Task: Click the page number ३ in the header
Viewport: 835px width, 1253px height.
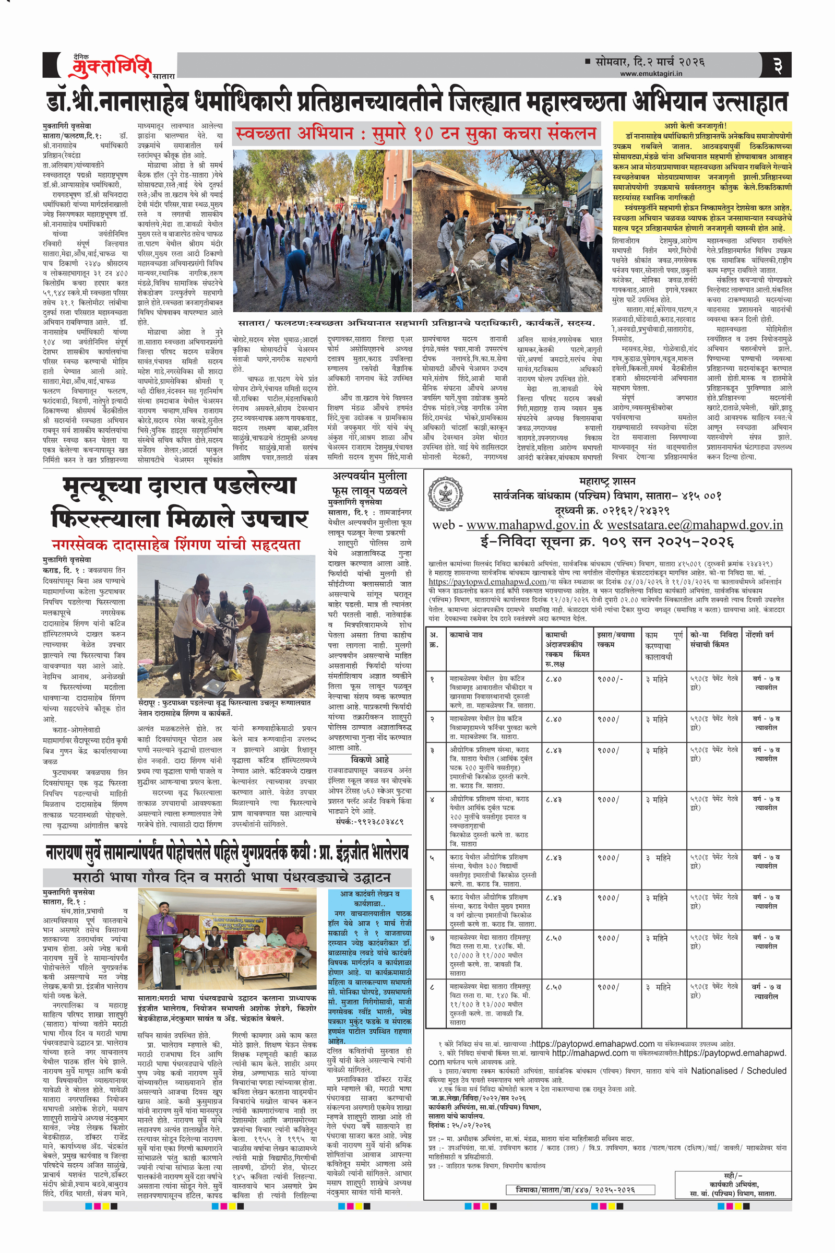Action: pos(778,66)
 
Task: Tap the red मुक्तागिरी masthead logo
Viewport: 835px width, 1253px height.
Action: pos(111,67)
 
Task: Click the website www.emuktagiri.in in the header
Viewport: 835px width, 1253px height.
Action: pos(651,74)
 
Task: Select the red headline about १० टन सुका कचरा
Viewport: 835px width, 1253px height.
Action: pos(415,134)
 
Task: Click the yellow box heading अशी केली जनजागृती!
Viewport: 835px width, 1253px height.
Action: pos(702,126)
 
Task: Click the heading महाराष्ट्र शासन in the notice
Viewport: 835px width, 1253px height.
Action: pos(607,481)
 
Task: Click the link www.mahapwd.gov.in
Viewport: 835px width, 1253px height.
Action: pos(527,525)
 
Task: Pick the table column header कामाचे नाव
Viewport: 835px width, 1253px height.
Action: pos(466,635)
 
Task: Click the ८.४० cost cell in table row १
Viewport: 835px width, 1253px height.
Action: pos(553,679)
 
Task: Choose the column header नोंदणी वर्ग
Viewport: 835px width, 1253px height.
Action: pos(759,635)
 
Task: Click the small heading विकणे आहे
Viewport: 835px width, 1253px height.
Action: pos(369,760)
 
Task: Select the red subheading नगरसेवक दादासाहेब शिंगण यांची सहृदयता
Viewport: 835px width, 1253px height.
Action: pos(176,545)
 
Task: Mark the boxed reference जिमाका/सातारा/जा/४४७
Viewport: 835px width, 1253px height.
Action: pos(575,1190)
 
